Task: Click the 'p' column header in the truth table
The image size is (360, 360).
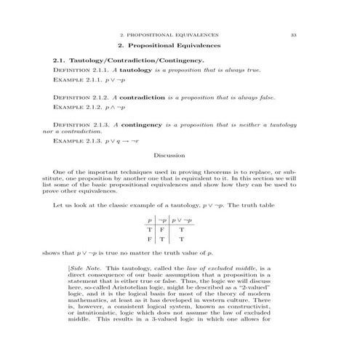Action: (x=150, y=219)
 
